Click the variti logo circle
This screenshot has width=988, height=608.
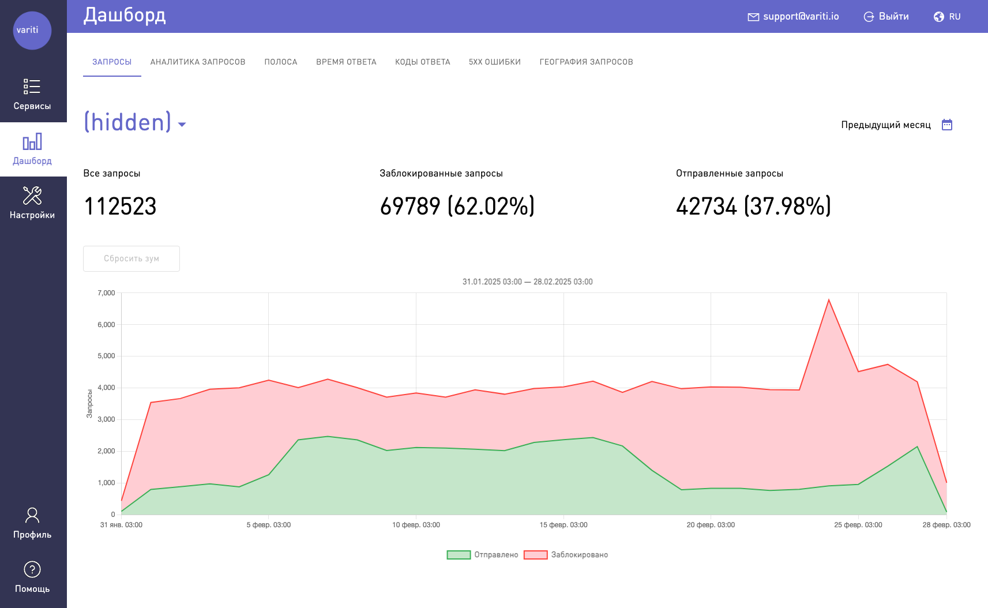point(32,31)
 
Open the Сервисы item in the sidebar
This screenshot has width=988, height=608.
point(32,94)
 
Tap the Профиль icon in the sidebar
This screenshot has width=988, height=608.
point(32,515)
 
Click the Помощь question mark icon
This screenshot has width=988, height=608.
point(32,569)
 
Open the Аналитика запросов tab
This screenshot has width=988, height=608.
point(198,62)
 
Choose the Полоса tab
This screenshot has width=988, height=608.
point(281,62)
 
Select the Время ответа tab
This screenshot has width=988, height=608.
point(346,62)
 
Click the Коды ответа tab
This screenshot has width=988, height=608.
point(423,62)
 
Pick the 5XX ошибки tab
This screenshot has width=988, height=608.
point(495,62)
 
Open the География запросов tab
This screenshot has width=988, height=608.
point(586,62)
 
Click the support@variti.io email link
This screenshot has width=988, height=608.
point(794,17)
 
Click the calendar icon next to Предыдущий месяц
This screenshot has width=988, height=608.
point(947,125)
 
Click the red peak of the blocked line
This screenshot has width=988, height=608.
point(829,300)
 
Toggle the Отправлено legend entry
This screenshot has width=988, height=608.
point(483,555)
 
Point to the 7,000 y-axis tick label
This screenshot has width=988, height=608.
point(106,293)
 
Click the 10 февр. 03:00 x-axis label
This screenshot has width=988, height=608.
point(416,525)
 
